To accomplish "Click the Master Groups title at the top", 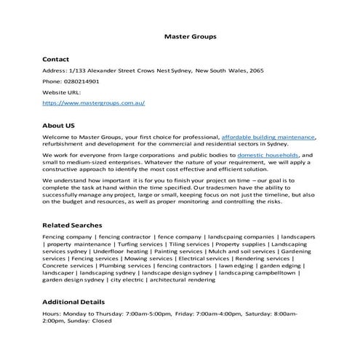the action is [x=190, y=35].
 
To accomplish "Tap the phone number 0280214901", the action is [x=82, y=81].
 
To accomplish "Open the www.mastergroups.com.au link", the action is [x=93, y=103].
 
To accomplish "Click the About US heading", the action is [x=59, y=124].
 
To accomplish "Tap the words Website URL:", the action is [x=63, y=92].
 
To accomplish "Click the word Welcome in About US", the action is [x=57, y=137].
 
